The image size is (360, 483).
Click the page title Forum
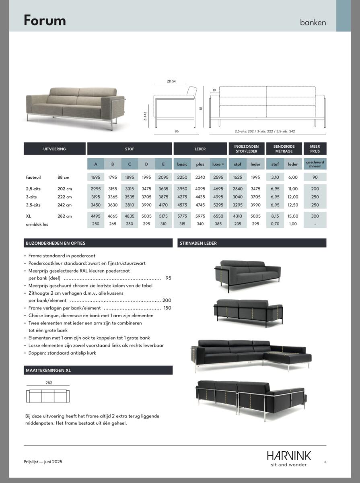[45, 20]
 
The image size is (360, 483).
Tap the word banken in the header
[313, 22]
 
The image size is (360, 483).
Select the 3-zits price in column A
[96, 197]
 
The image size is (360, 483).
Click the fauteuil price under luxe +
[218, 177]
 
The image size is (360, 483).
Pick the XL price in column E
[163, 216]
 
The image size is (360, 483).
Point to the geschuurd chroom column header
[315, 164]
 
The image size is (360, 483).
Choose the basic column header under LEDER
[182, 164]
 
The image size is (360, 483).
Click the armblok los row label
[37, 224]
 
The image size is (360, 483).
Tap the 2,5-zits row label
[33, 189]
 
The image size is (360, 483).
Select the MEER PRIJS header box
[315, 149]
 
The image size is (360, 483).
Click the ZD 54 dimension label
[171, 81]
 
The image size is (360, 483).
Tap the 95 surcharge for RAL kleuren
[168, 278]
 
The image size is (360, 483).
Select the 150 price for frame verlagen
[167, 308]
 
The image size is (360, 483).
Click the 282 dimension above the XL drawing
[49, 383]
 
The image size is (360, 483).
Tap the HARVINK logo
[288, 456]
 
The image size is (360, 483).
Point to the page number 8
[325, 462]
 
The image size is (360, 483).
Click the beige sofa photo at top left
[76, 107]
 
